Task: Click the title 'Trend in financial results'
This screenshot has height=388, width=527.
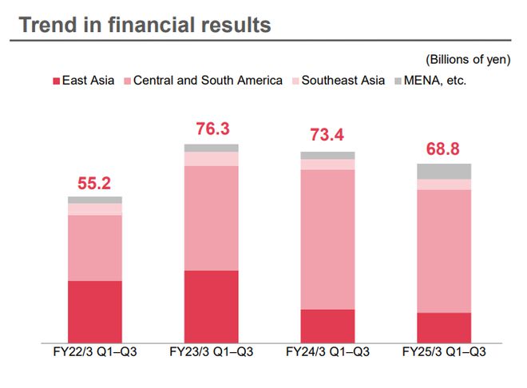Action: click(x=145, y=25)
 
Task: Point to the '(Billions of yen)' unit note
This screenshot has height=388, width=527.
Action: click(x=471, y=60)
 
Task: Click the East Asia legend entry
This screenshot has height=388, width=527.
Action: click(x=84, y=81)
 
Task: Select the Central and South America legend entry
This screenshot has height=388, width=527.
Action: click(x=203, y=81)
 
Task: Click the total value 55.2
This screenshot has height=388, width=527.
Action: click(x=95, y=183)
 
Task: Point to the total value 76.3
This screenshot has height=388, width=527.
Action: click(x=212, y=129)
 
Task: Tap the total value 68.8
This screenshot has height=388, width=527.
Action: click(x=443, y=148)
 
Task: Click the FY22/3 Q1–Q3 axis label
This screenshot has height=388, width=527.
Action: click(x=95, y=351)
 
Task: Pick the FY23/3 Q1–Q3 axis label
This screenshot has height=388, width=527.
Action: click(x=212, y=351)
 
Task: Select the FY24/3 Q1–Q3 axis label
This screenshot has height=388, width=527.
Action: click(x=328, y=351)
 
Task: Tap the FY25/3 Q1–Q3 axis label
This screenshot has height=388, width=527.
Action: click(x=444, y=351)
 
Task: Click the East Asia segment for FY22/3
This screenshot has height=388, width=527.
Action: click(x=95, y=311)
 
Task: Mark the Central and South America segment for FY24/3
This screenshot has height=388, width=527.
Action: click(x=328, y=240)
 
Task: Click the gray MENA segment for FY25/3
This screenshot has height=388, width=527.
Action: click(x=444, y=171)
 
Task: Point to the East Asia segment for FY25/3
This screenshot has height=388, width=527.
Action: click(x=444, y=327)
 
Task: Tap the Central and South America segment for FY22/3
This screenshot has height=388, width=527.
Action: click(x=95, y=247)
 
